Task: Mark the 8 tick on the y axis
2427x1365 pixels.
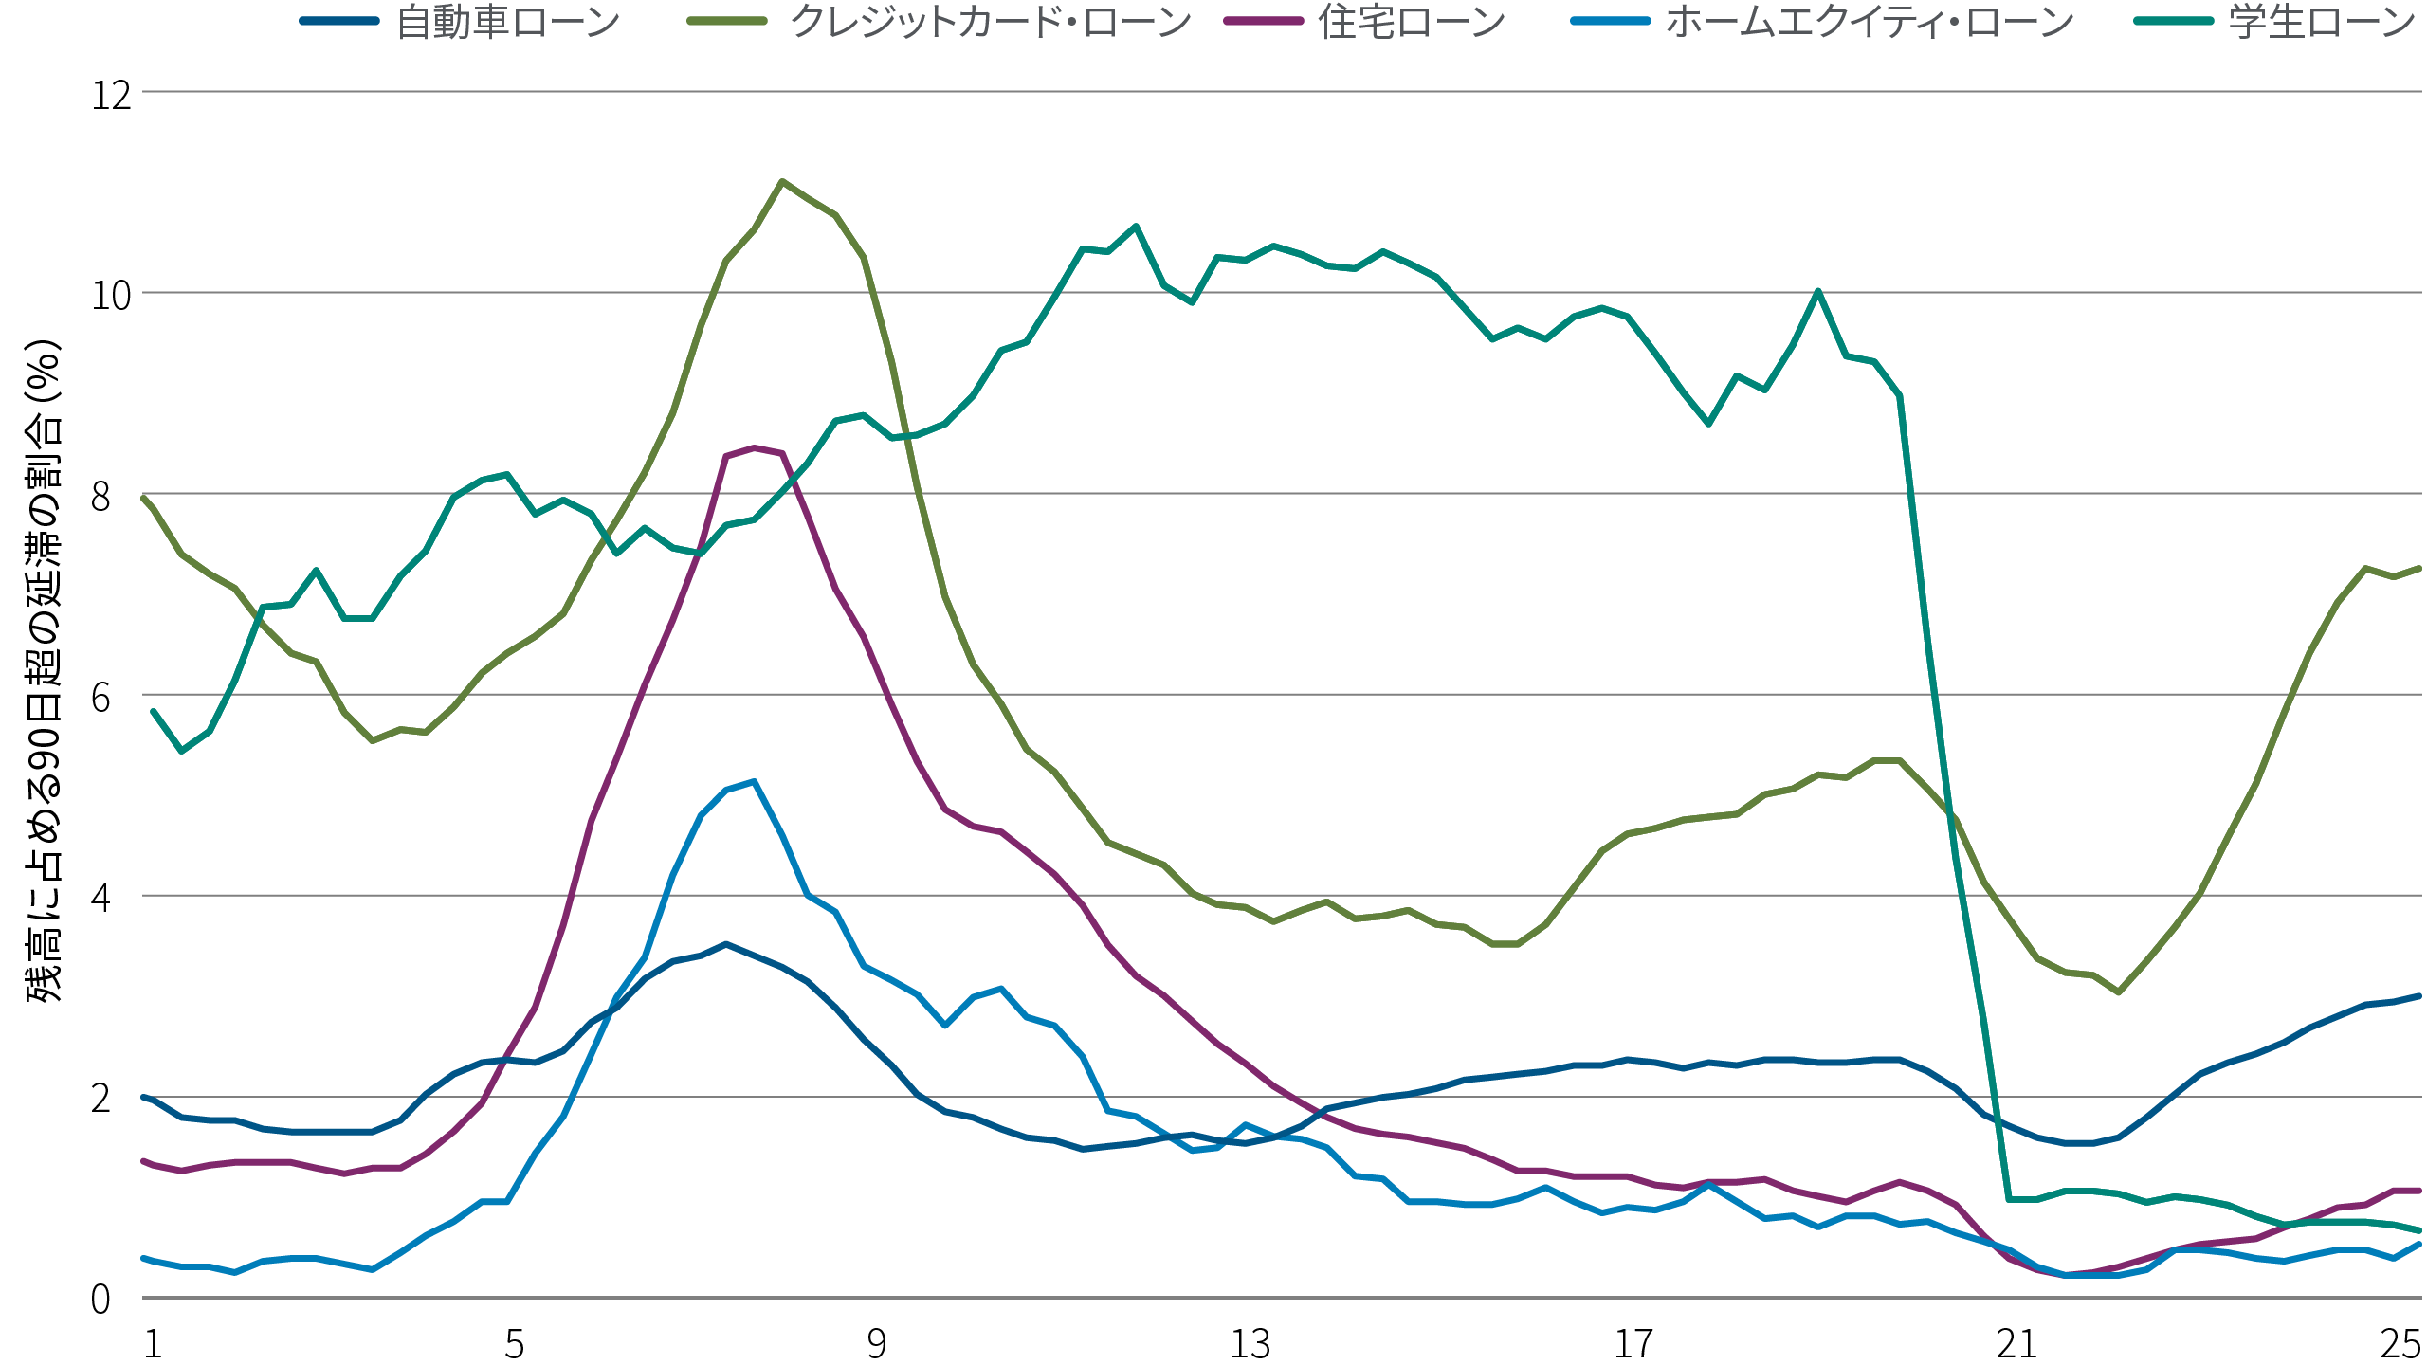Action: click(100, 497)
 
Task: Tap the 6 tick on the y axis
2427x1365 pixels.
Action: click(100, 698)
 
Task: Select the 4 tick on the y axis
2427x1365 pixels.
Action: click(100, 898)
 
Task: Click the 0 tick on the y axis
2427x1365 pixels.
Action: click(100, 1300)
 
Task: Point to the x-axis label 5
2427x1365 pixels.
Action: click(514, 1344)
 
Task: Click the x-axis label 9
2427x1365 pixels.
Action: click(877, 1344)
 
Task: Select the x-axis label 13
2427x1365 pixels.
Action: click(1250, 1344)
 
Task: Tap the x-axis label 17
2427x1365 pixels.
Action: click(1633, 1344)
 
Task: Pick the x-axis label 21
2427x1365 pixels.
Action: click(2016, 1344)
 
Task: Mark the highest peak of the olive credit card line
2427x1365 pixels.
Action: click(781, 181)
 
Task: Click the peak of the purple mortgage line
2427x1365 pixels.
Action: click(754, 447)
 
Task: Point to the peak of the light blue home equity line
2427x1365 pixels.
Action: click(754, 781)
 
